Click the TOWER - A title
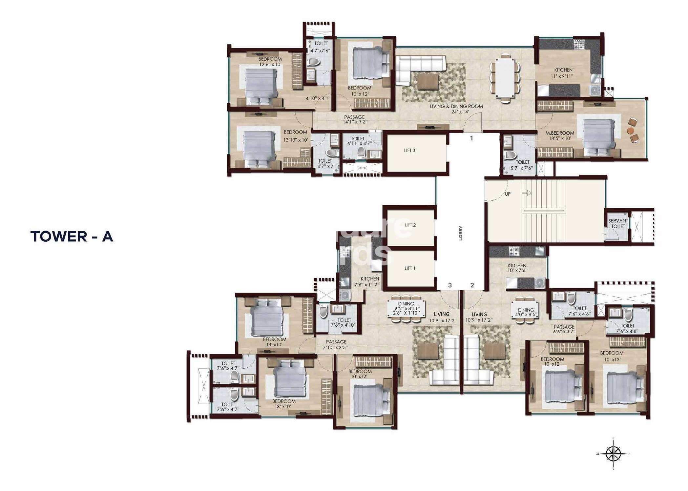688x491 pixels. (72, 236)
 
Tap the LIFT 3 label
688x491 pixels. (409, 151)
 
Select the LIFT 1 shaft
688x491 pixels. (410, 268)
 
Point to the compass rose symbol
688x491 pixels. (613, 454)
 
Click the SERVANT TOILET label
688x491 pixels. (618, 224)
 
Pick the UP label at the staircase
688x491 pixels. (508, 194)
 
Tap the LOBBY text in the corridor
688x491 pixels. (460, 233)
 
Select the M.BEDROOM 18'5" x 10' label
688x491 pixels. (560, 136)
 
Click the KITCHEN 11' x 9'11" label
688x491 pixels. (563, 73)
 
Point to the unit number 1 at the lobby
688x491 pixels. (471, 138)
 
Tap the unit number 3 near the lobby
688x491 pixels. (450, 285)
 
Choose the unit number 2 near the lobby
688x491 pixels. (472, 285)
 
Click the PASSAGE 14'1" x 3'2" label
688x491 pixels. (354, 119)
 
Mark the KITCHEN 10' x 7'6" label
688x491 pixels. (517, 268)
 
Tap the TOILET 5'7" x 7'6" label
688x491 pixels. (523, 165)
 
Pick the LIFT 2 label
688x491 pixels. (410, 225)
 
